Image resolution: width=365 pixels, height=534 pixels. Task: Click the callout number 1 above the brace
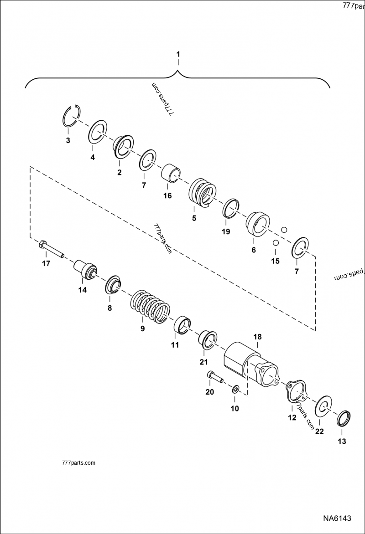pos(178,54)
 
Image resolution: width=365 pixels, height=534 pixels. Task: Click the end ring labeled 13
pos(344,419)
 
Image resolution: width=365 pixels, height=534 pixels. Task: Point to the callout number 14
pos(82,289)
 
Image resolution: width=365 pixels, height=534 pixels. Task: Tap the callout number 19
pos(226,231)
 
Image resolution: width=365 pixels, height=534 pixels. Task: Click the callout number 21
pos(203,362)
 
